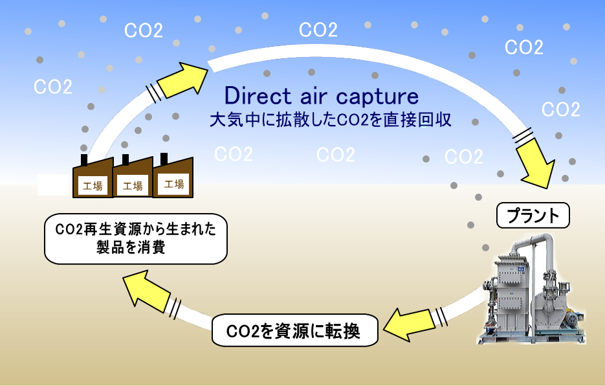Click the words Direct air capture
pyautogui.click(x=322, y=96)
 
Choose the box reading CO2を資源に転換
pyautogui.click(x=294, y=332)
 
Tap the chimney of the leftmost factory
pyautogui.click(x=83, y=160)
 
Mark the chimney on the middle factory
pyautogui.click(x=125, y=159)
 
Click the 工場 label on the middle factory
pyautogui.click(x=133, y=186)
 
